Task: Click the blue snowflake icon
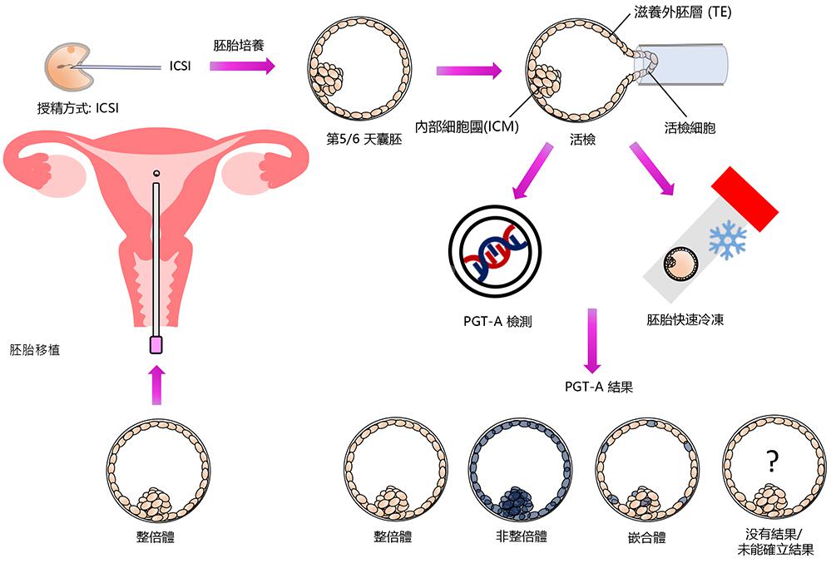pos(728,240)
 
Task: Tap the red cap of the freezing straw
pos(744,199)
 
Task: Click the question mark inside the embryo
pos(772,462)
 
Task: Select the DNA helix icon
pos(495,252)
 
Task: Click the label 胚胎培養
pos(239,45)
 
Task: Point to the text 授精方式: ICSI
pos(78,108)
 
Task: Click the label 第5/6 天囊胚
pos(364,139)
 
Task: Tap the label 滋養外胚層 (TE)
pos(683,12)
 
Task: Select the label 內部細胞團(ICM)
pos(467,126)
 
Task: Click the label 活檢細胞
pos(690,127)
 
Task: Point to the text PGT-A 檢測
pos(497,322)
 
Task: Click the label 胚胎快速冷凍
pos(685,319)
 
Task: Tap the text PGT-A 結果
pos(599,387)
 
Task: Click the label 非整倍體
pos(522,536)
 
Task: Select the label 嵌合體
pos(646,537)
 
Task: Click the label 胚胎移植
pos(34,349)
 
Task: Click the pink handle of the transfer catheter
pos(156,345)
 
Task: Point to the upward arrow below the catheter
pos(156,384)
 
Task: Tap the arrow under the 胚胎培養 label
pos(242,67)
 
